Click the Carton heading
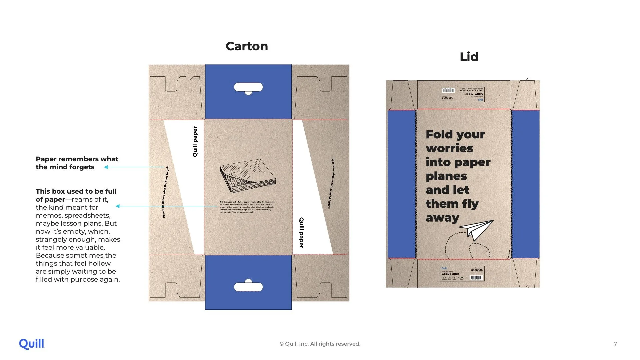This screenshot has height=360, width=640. [x=247, y=46]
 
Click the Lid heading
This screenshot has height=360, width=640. [x=469, y=57]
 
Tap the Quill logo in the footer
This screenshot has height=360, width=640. [x=32, y=344]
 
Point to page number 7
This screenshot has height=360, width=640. [x=615, y=344]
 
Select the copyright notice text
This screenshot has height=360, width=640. [x=320, y=344]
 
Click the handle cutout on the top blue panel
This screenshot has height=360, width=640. [x=248, y=87]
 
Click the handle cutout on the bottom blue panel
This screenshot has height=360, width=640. [x=248, y=287]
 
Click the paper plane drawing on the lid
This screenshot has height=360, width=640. [x=477, y=229]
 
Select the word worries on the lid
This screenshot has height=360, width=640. [x=449, y=148]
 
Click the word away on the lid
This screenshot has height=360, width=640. [x=442, y=218]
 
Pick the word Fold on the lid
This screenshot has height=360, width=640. [x=438, y=134]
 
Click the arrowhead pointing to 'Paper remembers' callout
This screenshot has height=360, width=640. [x=106, y=167]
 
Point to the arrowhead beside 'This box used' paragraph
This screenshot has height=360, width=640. [x=118, y=206]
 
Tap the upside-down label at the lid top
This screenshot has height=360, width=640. [x=462, y=94]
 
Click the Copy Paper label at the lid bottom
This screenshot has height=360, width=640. [x=462, y=274]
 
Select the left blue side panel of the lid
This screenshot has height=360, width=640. [x=402, y=184]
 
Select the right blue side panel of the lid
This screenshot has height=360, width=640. [x=525, y=184]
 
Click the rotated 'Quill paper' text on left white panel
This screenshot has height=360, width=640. [x=195, y=141]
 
